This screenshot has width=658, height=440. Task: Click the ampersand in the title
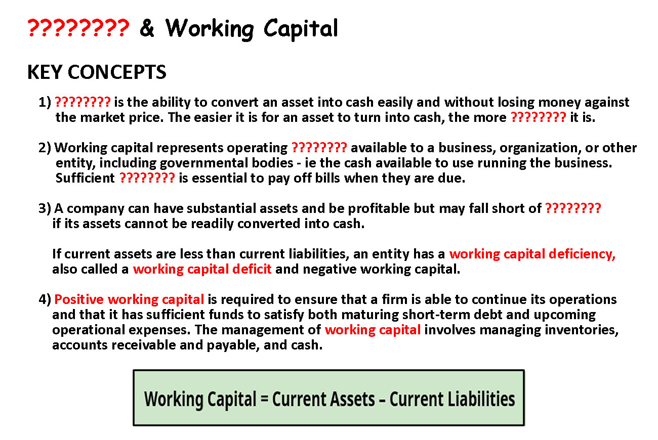click(x=147, y=28)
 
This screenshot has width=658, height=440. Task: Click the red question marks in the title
click(x=78, y=28)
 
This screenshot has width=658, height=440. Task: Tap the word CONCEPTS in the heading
click(x=117, y=72)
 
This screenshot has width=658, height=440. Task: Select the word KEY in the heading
click(x=45, y=72)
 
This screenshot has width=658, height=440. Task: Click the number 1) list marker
click(x=45, y=102)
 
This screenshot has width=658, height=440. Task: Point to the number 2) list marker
click(x=45, y=148)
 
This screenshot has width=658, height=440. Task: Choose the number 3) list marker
click(x=45, y=208)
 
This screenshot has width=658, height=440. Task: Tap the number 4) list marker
click(x=45, y=299)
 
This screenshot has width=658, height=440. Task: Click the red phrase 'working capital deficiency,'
click(x=532, y=254)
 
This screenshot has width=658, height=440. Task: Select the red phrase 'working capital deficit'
click(x=202, y=270)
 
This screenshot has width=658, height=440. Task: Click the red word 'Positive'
click(x=79, y=299)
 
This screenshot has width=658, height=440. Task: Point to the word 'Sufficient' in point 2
click(x=85, y=178)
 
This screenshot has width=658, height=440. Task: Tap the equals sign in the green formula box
click(x=264, y=399)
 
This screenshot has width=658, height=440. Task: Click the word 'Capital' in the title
click(x=301, y=28)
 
